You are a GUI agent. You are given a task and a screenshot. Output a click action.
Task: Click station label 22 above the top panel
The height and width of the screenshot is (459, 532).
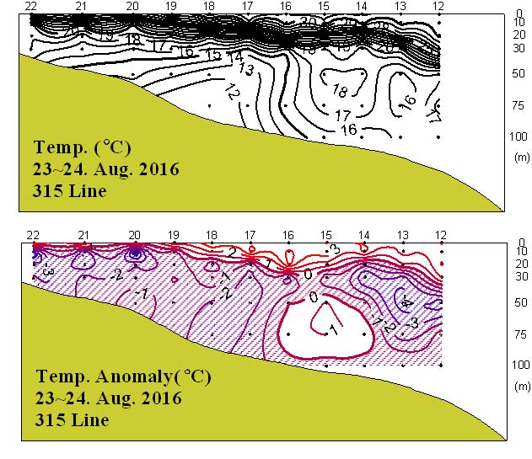30,6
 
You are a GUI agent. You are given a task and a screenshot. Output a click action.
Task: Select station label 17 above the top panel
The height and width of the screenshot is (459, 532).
248,6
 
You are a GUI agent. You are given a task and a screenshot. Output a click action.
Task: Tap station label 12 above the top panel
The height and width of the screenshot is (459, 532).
438,6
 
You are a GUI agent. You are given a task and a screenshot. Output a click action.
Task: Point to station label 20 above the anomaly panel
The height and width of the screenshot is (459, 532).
134,235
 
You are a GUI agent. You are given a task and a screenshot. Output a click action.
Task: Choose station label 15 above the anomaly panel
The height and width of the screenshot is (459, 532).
325,235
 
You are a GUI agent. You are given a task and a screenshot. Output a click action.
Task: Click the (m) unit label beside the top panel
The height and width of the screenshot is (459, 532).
520,157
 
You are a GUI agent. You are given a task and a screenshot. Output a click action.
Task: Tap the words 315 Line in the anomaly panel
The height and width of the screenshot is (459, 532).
71,419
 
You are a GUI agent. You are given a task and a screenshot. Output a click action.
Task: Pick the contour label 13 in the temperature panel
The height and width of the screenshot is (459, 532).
246,68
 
